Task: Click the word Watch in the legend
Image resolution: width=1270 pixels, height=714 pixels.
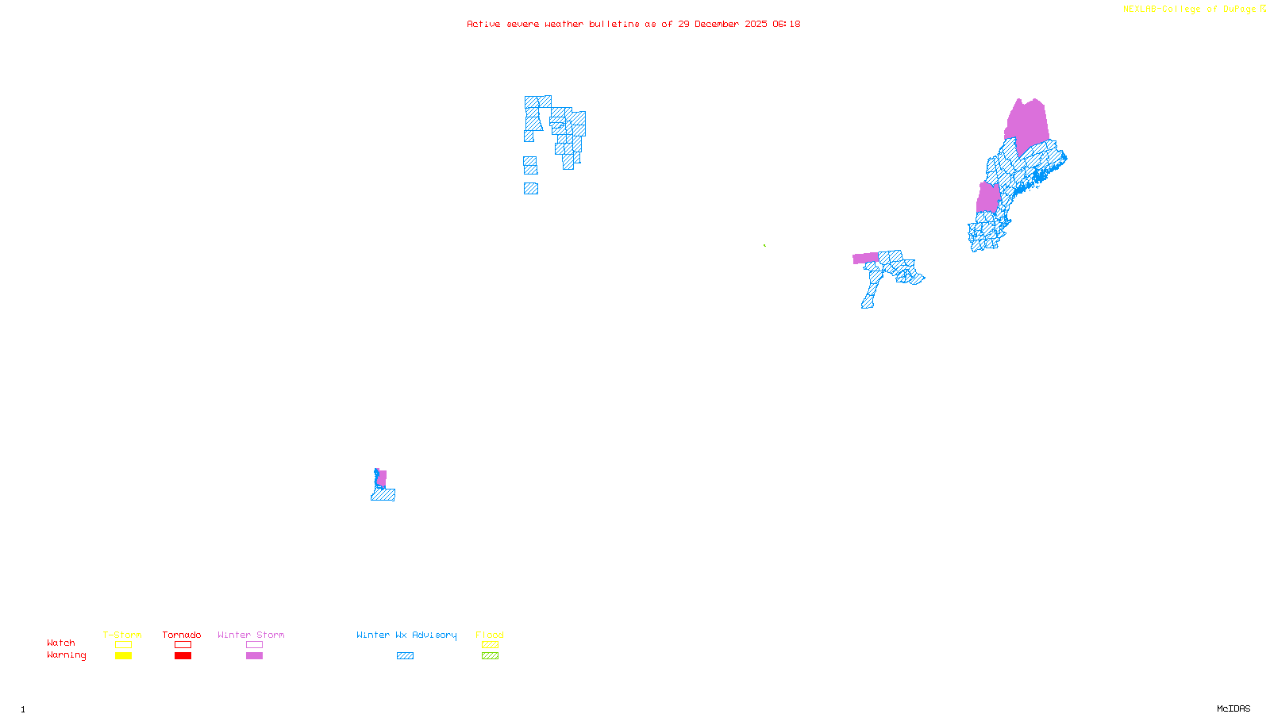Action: pyautogui.click(x=61, y=643)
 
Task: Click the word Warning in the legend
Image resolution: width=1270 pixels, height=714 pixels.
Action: pyautogui.click(x=66, y=655)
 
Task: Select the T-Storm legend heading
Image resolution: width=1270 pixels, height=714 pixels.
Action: pyautogui.click(x=122, y=635)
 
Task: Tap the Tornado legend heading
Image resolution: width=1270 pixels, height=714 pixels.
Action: pyautogui.click(x=182, y=635)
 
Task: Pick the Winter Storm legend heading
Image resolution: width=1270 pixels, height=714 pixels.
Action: pyautogui.click(x=251, y=635)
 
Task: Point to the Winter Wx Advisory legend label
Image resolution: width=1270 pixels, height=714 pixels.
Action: pyautogui.click(x=406, y=635)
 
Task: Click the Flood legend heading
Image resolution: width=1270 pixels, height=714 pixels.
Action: pyautogui.click(x=490, y=635)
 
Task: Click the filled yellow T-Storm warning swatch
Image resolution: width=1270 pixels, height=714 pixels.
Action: pyautogui.click(x=123, y=656)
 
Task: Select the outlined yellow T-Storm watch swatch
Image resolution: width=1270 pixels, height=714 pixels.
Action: pyautogui.click(x=123, y=645)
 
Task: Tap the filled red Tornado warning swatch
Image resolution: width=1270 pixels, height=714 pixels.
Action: pyautogui.click(x=183, y=656)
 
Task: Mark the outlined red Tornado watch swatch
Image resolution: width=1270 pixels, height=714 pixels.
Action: pyautogui.click(x=183, y=645)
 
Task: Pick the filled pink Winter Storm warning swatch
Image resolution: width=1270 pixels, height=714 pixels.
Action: pyautogui.click(x=254, y=656)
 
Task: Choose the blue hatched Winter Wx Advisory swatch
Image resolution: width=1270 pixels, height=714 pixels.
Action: pyautogui.click(x=405, y=656)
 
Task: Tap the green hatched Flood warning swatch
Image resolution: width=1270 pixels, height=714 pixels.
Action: pyautogui.click(x=491, y=656)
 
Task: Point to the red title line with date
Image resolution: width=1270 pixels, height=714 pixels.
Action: pyautogui.click(x=633, y=24)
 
